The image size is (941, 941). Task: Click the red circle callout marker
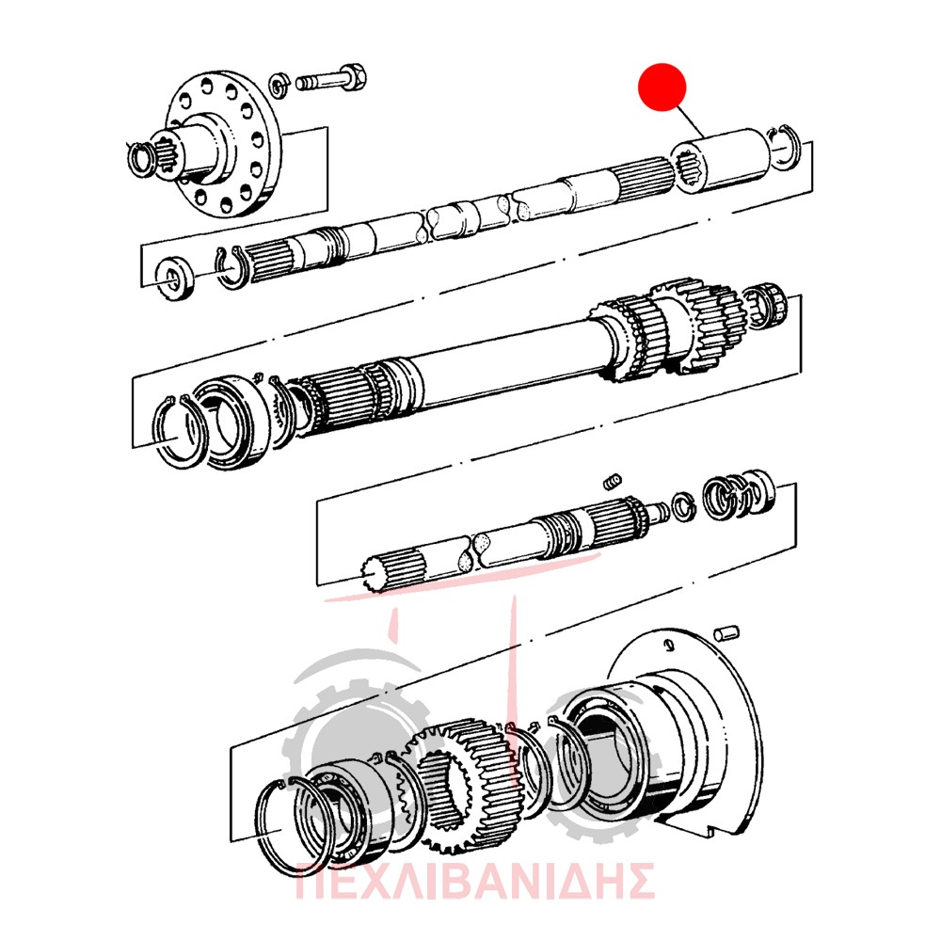click(662, 87)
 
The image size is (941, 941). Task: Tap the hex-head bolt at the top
click(330, 79)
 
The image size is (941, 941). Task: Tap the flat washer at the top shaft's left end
click(174, 278)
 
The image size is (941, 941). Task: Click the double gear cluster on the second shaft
click(666, 330)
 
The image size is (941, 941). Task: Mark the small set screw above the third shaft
click(612, 481)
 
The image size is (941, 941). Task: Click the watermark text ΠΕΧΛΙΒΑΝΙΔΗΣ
click(474, 881)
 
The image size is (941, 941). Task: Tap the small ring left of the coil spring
click(681, 507)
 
